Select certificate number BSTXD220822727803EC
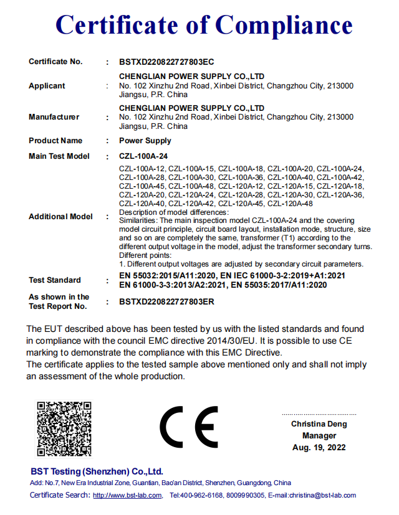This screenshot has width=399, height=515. pos(166,62)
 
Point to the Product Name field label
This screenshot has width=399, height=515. pos(55,141)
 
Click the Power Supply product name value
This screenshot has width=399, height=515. pos(145,141)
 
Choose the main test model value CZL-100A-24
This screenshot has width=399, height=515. pos(143,156)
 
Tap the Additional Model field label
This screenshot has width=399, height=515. pos(60,217)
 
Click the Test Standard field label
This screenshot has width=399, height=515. pos(55,280)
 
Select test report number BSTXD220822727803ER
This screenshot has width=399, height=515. pos(166,301)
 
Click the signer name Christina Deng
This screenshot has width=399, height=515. pos(319,424)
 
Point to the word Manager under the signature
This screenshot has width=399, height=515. pos(319,436)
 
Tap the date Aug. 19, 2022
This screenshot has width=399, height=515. pos(319,448)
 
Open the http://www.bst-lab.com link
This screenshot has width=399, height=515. pos(127,495)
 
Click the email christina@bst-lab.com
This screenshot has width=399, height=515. pos(322,495)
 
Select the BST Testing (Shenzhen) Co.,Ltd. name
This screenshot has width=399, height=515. pos(97,471)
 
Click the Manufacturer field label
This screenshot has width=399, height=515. pos(54,117)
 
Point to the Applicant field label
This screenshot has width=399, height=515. pos(47,86)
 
